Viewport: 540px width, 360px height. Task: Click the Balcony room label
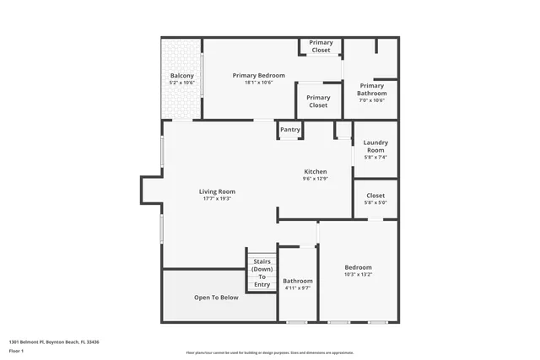pos(181,76)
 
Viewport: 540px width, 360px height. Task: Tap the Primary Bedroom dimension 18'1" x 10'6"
pos(259,83)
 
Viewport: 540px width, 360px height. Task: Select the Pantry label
pos(290,130)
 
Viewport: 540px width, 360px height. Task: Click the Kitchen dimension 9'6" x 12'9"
pos(315,179)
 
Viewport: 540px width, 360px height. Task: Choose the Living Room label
pos(217,191)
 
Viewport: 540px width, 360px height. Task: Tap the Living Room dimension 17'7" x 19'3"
pos(217,199)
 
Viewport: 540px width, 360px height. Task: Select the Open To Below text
pos(217,298)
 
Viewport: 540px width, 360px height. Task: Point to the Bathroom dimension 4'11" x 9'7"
pos(297,288)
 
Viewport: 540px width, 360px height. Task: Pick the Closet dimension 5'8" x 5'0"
pos(375,202)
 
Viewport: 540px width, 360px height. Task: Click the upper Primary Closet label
pos(321,46)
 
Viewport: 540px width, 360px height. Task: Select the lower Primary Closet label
pos(318,101)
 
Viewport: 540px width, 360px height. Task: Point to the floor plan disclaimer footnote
pos(269,352)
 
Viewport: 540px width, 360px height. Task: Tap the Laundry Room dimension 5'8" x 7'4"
pos(375,158)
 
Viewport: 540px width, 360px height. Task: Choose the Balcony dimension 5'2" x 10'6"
pos(181,83)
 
